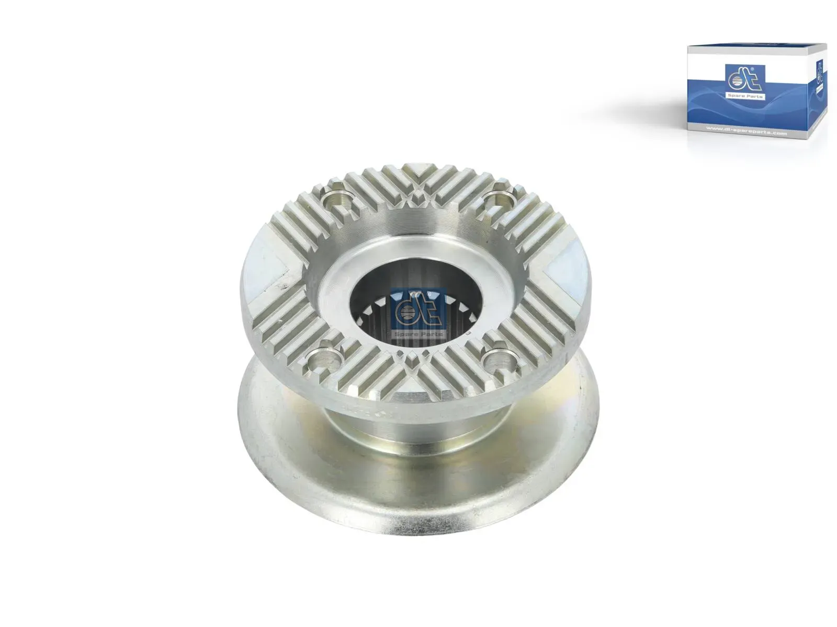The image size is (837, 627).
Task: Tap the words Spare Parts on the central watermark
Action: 418,333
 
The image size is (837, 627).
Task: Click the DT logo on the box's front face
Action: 745,79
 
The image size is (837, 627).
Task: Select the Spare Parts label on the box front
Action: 745,97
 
